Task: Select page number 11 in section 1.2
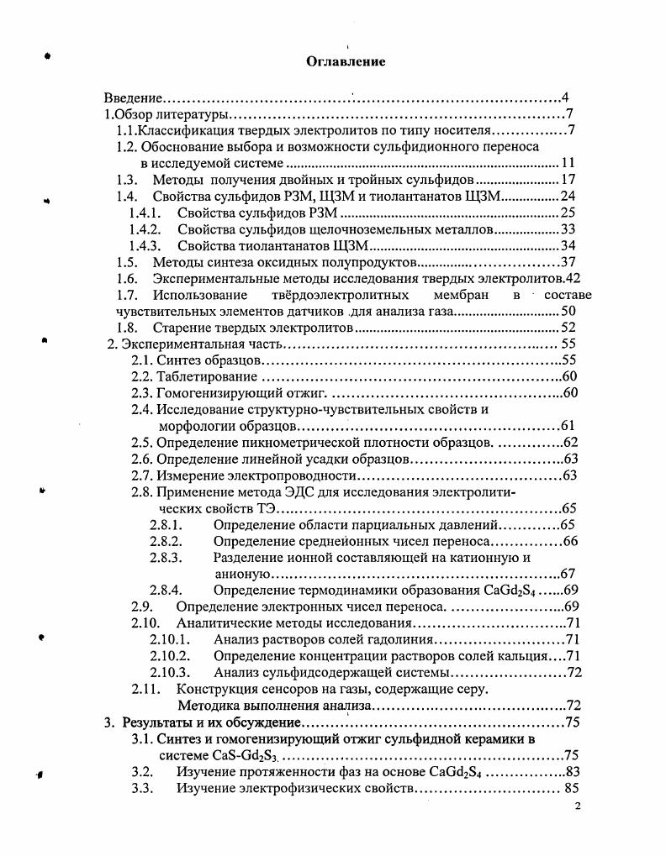tap(568, 162)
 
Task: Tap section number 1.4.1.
tap(145, 211)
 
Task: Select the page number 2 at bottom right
tap(577, 806)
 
